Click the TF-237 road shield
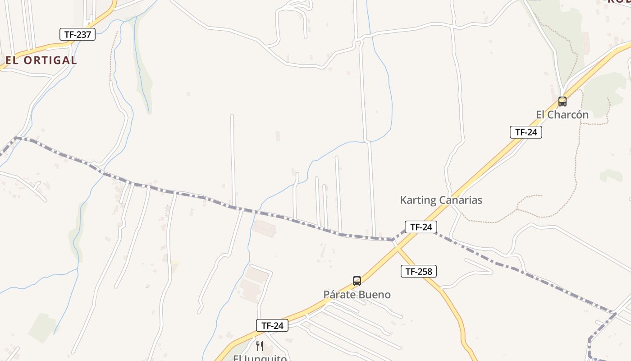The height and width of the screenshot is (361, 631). click(x=78, y=34)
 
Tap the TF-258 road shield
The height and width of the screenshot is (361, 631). click(x=419, y=271)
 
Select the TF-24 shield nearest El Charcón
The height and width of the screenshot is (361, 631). click(x=526, y=132)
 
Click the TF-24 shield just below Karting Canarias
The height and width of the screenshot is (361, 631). click(x=421, y=227)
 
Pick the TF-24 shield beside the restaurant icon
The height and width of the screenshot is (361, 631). click(x=272, y=325)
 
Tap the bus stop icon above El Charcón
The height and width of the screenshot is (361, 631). click(x=562, y=101)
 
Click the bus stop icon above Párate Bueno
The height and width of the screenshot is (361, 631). click(x=357, y=281)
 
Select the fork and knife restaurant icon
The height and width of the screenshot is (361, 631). click(x=260, y=346)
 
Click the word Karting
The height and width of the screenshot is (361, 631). click(x=418, y=200)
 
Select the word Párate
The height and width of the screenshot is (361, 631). click(x=339, y=295)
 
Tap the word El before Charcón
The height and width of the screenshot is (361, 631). click(x=540, y=115)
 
